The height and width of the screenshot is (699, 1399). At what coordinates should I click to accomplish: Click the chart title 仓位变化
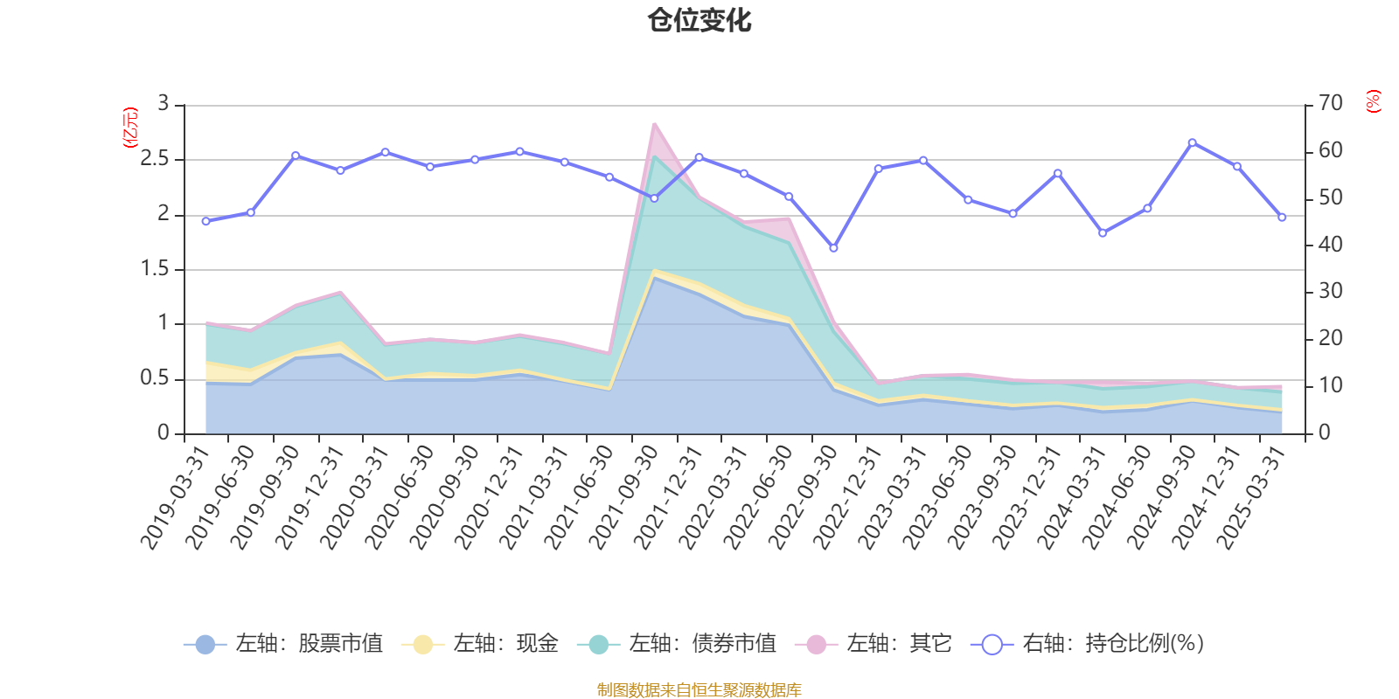coord(699,20)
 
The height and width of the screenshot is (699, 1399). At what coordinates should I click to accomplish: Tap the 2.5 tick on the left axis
coord(155,159)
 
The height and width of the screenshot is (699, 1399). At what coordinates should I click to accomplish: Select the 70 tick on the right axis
coord(1330,104)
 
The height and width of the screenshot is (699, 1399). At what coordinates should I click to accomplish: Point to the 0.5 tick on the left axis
coord(155,378)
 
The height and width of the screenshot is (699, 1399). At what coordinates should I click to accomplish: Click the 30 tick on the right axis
coord(1330,291)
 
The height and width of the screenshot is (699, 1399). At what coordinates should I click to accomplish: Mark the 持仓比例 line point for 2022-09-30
coord(833,248)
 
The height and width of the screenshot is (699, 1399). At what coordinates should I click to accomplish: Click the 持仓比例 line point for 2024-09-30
coord(1192,142)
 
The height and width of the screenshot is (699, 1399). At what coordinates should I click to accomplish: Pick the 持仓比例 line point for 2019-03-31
coord(205,221)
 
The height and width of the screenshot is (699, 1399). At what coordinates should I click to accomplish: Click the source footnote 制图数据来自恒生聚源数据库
coord(699,690)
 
